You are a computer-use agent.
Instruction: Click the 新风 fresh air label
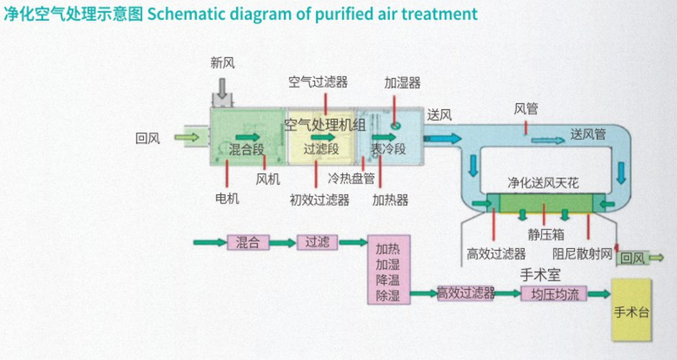223,63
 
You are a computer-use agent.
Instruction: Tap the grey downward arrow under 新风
222,88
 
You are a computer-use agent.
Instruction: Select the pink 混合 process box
248,242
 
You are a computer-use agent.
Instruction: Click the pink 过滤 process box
317,242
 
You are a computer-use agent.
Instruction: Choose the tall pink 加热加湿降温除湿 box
388,269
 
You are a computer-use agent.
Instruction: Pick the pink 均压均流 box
554,294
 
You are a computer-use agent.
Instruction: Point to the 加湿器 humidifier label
402,83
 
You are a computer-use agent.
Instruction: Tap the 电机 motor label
227,198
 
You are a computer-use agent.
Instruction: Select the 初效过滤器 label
320,200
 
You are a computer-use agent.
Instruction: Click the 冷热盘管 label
351,179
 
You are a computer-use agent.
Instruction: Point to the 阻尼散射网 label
582,254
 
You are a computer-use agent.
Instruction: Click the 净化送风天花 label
543,183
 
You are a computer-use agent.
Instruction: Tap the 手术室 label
540,274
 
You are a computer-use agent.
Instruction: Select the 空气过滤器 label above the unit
318,82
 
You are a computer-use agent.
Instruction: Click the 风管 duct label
526,109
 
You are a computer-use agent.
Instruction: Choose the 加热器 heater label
390,200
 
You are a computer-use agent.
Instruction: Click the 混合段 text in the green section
246,149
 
